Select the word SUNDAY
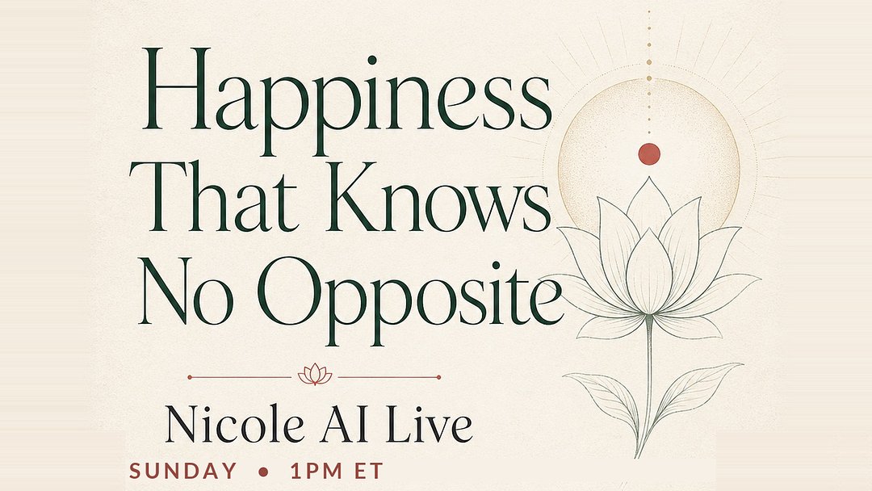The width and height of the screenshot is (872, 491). pos(183,471)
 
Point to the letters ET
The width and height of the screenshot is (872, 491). pos(368,471)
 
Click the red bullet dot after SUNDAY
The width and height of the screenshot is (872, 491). pos(262,472)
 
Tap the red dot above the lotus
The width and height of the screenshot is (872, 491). pos(649,153)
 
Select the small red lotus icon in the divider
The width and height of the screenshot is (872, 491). pos(315,374)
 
